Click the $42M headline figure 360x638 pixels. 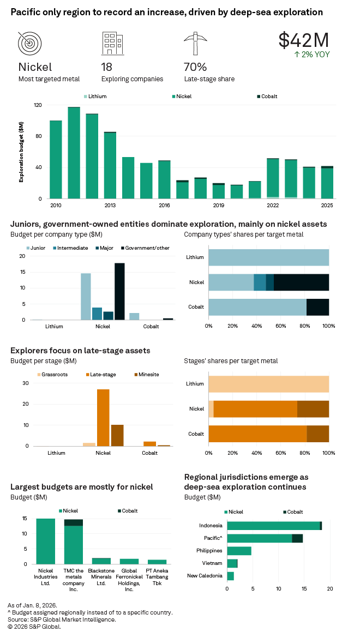tap(304, 40)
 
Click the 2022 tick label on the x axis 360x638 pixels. tap(273, 206)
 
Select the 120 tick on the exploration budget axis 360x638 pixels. tap(38, 105)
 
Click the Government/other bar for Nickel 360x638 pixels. tap(119, 291)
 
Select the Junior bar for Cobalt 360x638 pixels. tap(134, 316)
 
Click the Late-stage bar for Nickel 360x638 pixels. tap(103, 418)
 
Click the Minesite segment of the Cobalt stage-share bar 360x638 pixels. tap(317, 434)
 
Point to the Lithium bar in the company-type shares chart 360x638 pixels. tap(268, 257)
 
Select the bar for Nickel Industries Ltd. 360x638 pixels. tap(46, 541)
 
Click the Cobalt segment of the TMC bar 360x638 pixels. tap(74, 522)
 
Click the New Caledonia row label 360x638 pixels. tap(205, 576)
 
